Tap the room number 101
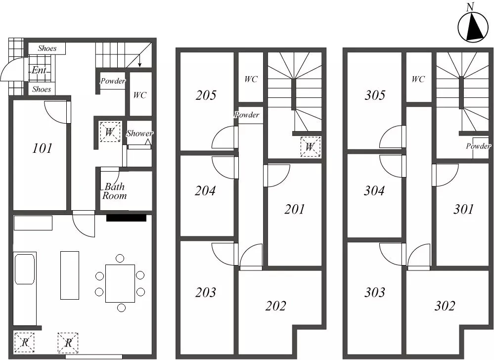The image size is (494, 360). (x=42, y=148)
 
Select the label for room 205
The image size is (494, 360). (x=206, y=95)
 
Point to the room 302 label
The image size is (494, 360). (x=445, y=306)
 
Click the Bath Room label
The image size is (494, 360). (x=114, y=191)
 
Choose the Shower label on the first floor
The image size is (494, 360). (x=139, y=134)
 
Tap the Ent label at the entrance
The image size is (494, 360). (x=39, y=70)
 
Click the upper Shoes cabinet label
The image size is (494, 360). (x=47, y=48)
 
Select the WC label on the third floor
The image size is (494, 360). (x=418, y=79)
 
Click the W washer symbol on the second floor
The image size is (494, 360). (x=311, y=146)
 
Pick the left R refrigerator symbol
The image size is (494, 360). (x=24, y=342)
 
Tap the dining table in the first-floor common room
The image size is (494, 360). (x=120, y=283)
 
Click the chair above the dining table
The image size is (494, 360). (x=120, y=259)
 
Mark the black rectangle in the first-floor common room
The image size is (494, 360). (x=126, y=218)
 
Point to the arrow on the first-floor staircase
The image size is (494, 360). (x=139, y=60)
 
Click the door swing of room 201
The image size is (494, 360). (x=278, y=176)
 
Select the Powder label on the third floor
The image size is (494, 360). (x=478, y=146)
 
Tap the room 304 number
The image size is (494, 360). (x=374, y=190)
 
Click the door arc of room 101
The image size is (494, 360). (x=56, y=112)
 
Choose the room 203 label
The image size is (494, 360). (x=206, y=292)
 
